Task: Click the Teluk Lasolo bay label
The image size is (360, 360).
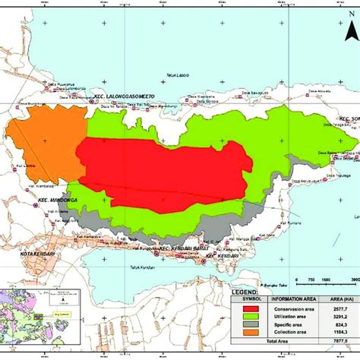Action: click(178, 75)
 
